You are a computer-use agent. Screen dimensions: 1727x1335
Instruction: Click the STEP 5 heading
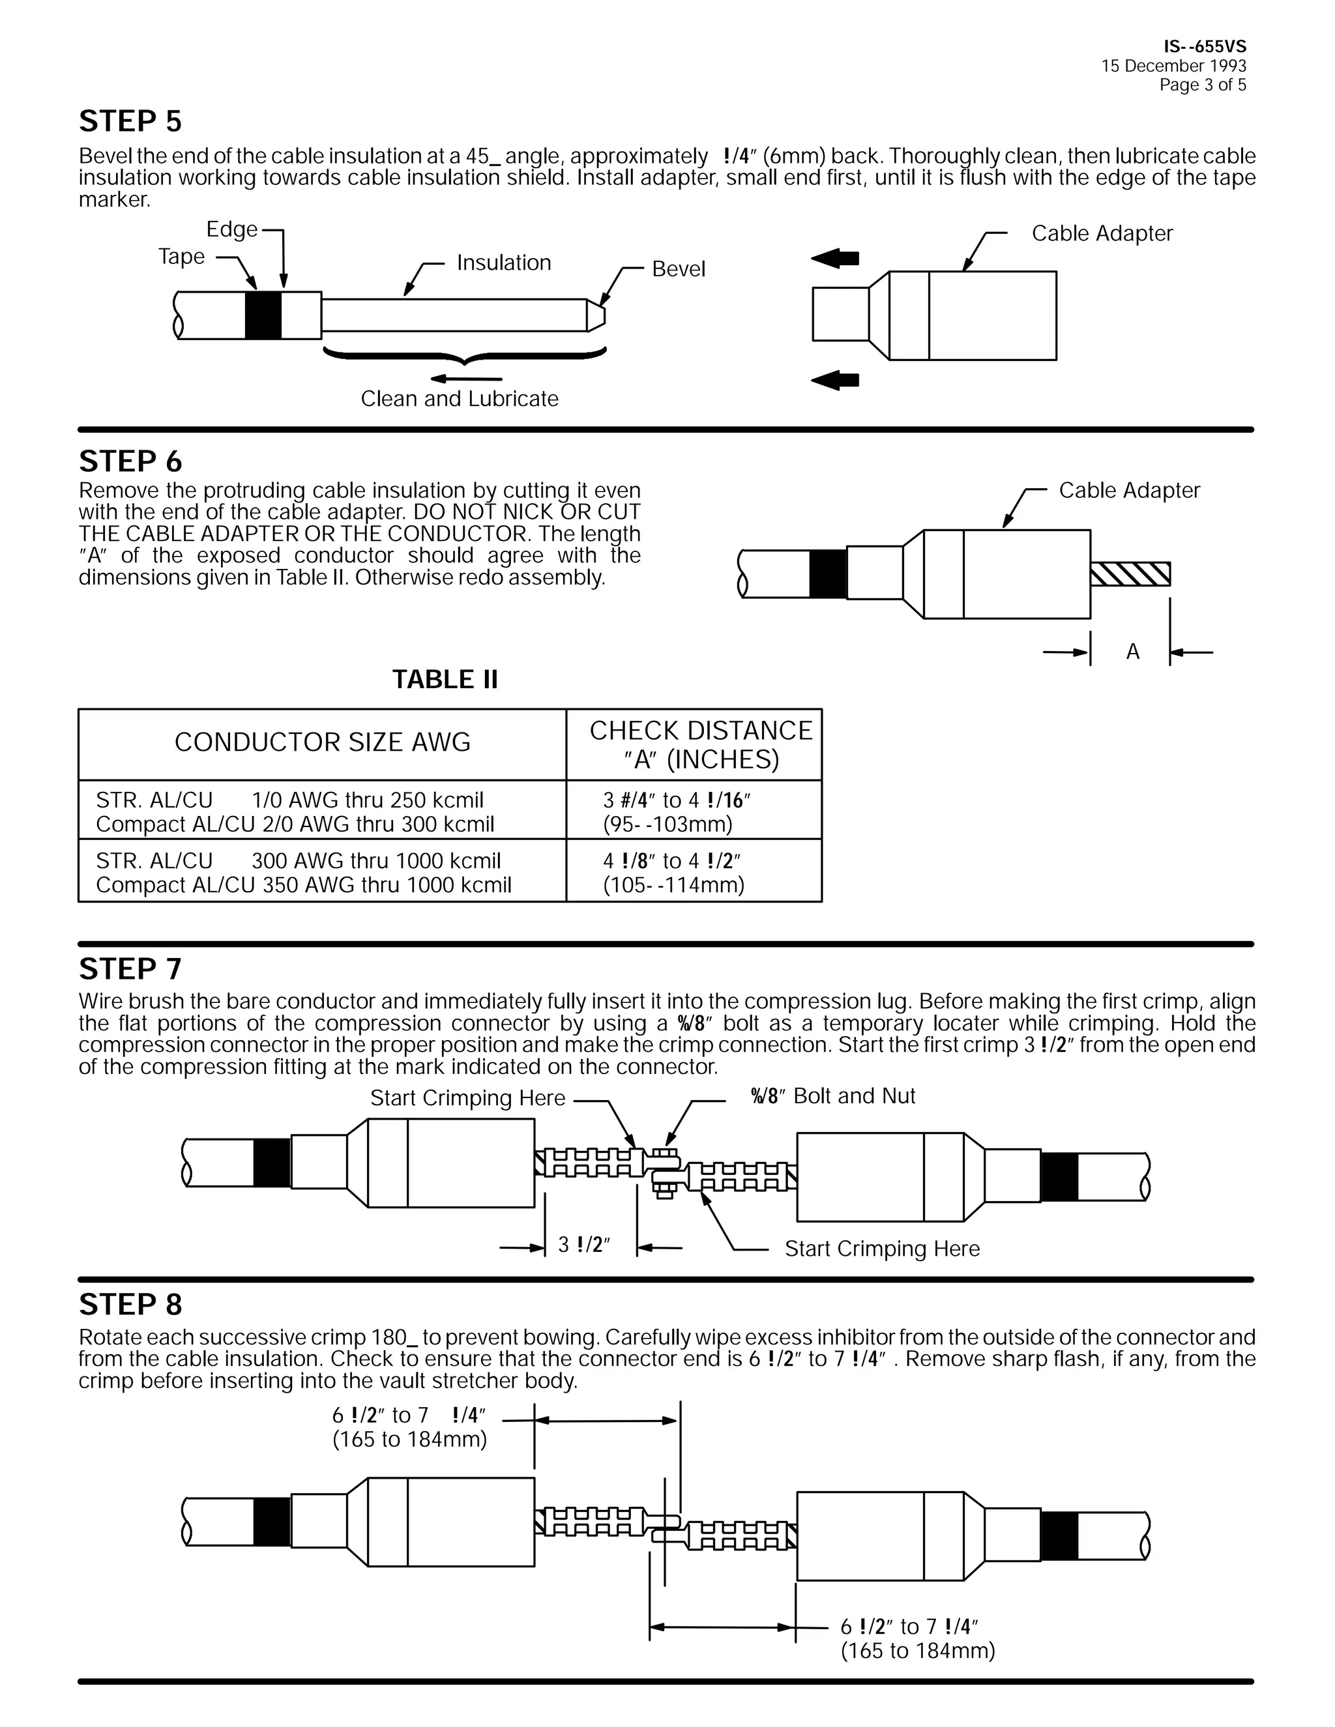coord(130,122)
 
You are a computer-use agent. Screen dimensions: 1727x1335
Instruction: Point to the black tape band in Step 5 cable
coord(263,315)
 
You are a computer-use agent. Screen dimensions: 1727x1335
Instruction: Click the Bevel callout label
coord(678,270)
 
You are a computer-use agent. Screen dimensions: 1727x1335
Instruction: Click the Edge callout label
coord(231,229)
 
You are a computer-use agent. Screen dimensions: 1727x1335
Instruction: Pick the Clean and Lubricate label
coord(460,399)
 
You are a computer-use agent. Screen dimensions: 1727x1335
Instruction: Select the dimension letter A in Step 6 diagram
coord(1132,652)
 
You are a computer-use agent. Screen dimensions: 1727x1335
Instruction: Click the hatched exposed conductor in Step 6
coord(1130,574)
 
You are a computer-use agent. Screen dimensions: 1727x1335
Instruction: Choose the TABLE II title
coord(445,679)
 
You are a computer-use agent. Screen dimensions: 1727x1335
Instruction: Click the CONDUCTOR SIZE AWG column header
coord(322,742)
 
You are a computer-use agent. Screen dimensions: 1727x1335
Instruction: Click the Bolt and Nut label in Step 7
coord(833,1096)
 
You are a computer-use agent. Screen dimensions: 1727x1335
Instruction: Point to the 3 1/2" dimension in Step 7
coord(583,1245)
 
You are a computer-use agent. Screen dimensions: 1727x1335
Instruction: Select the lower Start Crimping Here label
coord(882,1249)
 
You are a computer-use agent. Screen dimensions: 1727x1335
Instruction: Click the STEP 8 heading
coord(130,1305)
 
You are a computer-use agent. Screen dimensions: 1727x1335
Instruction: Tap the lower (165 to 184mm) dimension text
coord(917,1651)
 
